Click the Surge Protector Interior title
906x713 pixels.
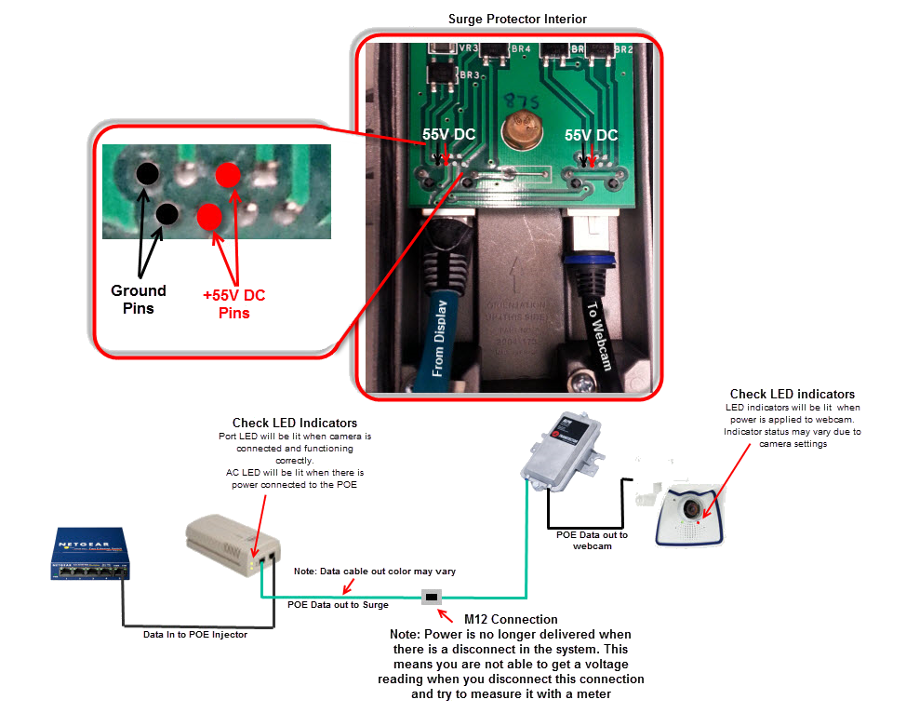517,19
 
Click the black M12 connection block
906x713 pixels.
432,597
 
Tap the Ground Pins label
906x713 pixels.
138,299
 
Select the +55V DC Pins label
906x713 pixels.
233,303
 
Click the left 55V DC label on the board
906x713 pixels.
448,135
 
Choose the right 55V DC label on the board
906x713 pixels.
591,135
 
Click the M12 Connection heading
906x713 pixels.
511,619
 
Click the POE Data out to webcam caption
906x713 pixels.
592,540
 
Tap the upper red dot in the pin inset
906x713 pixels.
228,174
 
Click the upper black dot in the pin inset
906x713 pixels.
146,172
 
